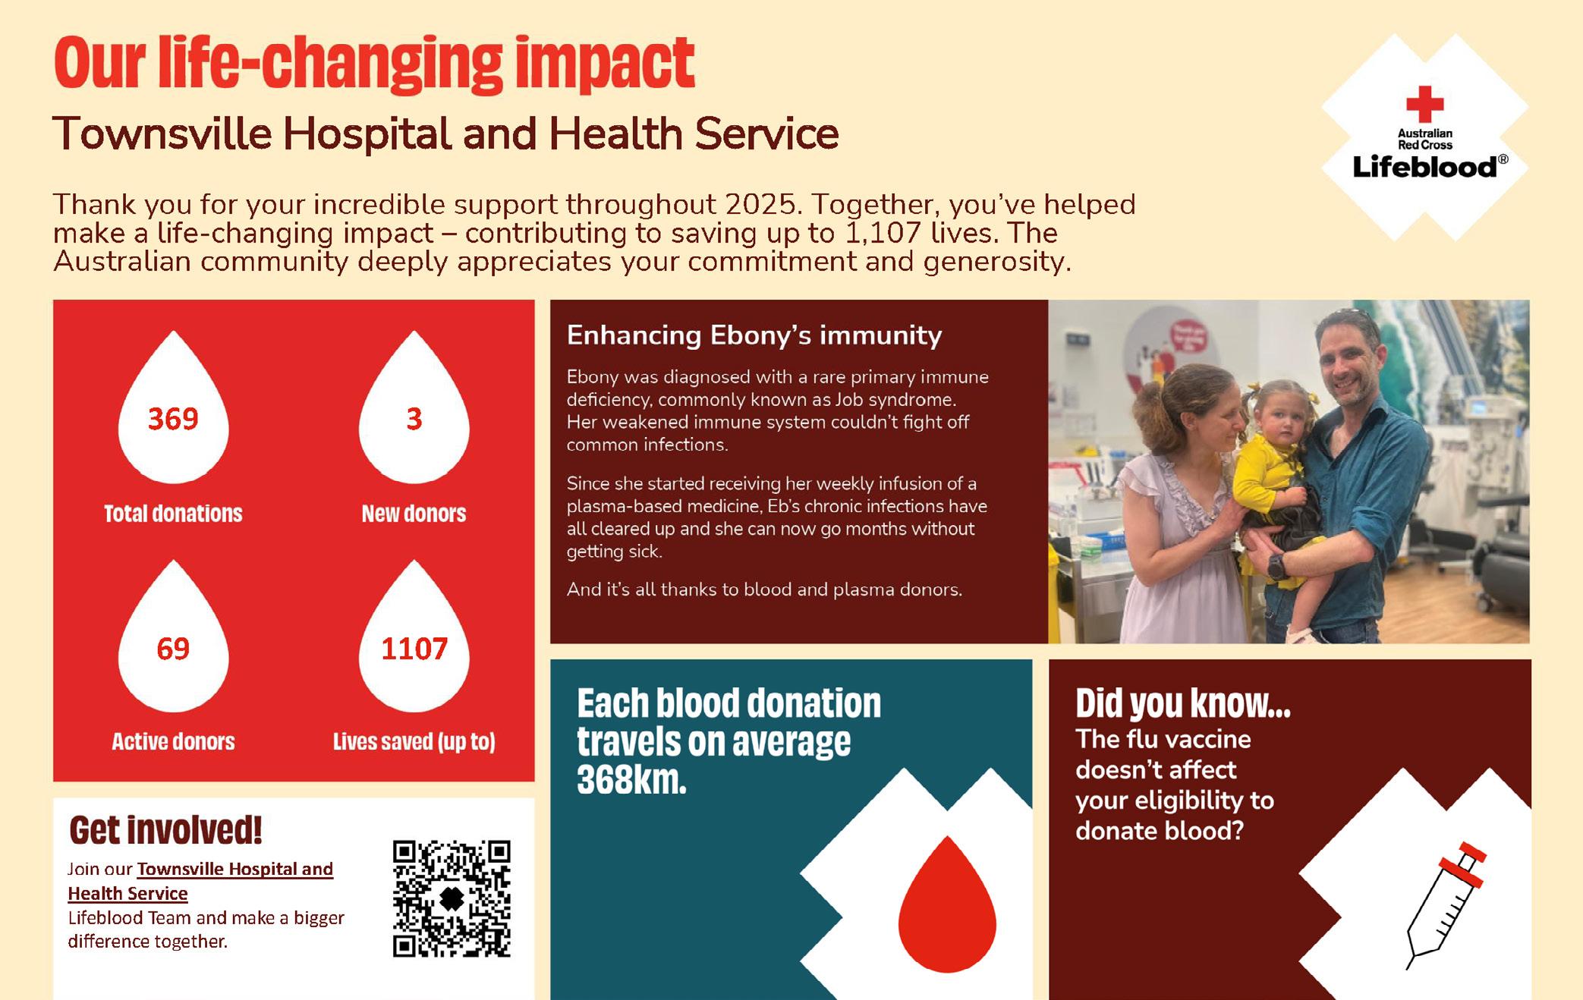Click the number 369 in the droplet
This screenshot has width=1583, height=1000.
(x=173, y=419)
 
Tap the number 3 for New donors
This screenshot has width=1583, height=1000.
(x=414, y=419)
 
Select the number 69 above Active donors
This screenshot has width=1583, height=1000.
(x=173, y=649)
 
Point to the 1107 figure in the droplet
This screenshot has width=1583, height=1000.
(x=414, y=649)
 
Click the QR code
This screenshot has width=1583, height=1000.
(x=452, y=898)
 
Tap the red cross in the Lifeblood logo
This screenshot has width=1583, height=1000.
(x=1424, y=104)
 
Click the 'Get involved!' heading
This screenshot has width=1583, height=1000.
(x=165, y=830)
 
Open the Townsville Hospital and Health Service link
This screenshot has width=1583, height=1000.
(x=200, y=881)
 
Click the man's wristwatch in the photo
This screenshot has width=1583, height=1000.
(x=1275, y=565)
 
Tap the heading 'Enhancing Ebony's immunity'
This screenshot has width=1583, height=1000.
(x=754, y=335)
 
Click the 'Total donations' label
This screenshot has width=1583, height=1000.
(x=173, y=514)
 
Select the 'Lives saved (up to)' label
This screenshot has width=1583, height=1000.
(x=414, y=741)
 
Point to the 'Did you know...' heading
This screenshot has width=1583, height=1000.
(x=1183, y=703)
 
